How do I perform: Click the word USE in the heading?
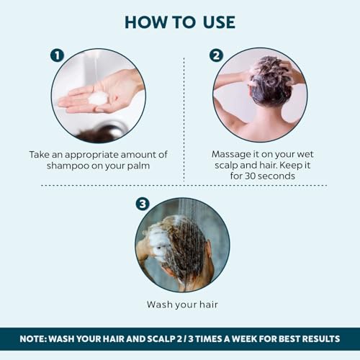(x=219, y=22)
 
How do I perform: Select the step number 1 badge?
(x=57, y=55)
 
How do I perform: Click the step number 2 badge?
(x=216, y=55)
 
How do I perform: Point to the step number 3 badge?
(x=143, y=204)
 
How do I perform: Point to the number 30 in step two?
(x=251, y=176)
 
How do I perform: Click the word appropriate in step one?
(x=91, y=155)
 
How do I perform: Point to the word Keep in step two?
(x=288, y=166)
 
